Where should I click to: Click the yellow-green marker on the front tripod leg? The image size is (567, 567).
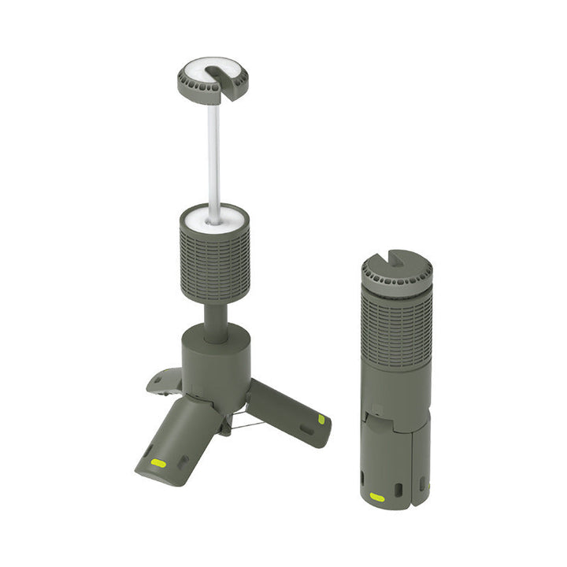pyautogui.click(x=159, y=462)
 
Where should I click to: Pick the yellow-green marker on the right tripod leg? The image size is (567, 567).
pyautogui.click(x=321, y=420)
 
